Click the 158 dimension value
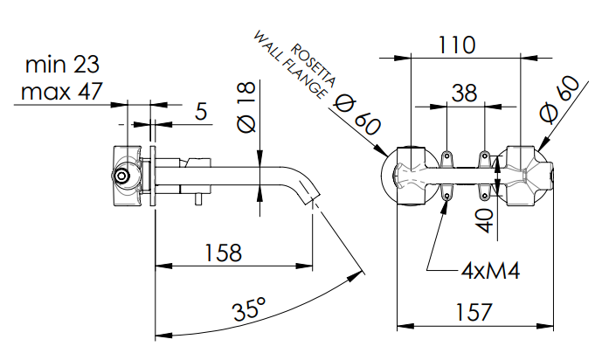pos(223,253)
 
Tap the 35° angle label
pos(249,309)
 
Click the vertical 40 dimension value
pos(486,216)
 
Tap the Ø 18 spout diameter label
pos(247,107)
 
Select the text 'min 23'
pos(62,64)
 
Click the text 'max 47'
pos(62,90)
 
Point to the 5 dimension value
pos(200,111)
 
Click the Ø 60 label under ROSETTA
pos(357,114)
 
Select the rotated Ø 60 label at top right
pos(560,99)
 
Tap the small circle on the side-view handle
pos(123,178)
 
